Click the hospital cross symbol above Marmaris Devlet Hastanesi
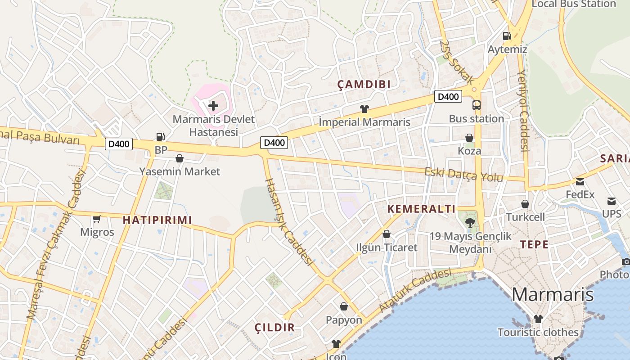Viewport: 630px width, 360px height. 213,106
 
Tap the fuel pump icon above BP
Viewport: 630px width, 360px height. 160,137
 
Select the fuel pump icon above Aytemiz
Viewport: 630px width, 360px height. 507,36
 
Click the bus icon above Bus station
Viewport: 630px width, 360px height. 476,105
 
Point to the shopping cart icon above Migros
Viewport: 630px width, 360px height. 96,219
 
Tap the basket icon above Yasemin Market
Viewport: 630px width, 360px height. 180,158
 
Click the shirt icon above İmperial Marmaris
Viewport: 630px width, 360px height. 364,109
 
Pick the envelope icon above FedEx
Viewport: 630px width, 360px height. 580,182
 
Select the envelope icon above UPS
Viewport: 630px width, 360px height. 612,201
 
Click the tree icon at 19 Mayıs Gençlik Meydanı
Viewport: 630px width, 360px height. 470,221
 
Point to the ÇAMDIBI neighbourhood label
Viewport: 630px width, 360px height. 364,84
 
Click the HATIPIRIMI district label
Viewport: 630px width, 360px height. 157,220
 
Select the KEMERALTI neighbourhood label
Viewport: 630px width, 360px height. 421,209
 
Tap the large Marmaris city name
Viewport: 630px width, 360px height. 553,295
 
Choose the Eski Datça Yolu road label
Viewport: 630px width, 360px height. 463,175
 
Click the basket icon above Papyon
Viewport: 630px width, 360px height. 344,306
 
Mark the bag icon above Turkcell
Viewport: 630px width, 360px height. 525,204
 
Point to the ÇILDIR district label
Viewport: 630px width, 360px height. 274,328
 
